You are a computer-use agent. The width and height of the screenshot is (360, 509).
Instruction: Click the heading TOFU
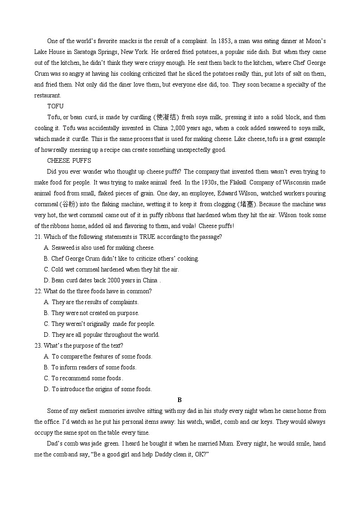tap(55, 106)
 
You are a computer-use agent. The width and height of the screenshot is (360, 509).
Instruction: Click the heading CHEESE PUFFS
tap(69, 160)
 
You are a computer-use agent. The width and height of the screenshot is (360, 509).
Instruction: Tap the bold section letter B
tap(180, 400)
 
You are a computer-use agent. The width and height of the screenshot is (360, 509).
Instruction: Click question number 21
tap(38, 237)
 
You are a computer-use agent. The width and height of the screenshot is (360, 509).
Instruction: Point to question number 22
tap(38, 291)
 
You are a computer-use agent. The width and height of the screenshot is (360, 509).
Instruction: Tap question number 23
tap(38, 345)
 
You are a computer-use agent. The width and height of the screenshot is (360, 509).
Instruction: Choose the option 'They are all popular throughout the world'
tap(106, 334)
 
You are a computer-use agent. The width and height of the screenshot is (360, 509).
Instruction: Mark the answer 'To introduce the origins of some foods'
tap(102, 389)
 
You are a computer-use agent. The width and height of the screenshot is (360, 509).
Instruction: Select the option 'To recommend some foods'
tap(86, 378)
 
